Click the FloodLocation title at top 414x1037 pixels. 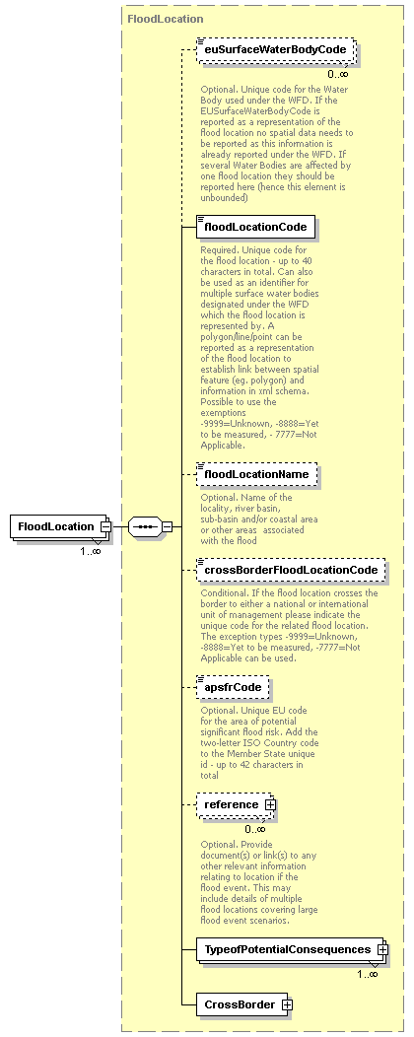(x=165, y=19)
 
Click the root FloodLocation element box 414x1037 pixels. (x=54, y=526)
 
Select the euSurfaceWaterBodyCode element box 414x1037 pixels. (x=275, y=50)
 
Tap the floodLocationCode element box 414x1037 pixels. (x=255, y=228)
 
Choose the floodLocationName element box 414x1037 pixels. (x=257, y=475)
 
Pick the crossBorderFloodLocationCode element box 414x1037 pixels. (x=290, y=570)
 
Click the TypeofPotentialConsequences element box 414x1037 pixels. (x=286, y=949)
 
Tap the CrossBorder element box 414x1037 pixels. (x=237, y=1004)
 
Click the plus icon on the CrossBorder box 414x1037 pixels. (x=287, y=1004)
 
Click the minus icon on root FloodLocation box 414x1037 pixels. (x=103, y=526)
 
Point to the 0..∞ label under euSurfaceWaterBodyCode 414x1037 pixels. (x=338, y=74)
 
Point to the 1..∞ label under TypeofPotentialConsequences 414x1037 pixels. (x=367, y=974)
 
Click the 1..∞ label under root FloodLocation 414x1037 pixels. (x=90, y=551)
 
